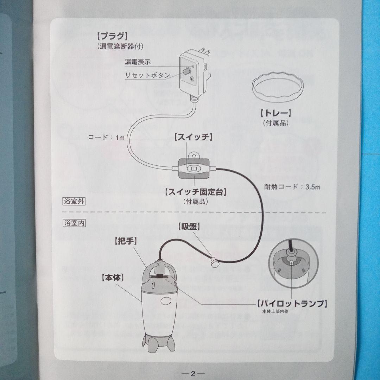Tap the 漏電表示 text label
point(138,62)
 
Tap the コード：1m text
point(106,138)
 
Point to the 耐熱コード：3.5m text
point(292,187)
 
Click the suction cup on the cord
point(214,262)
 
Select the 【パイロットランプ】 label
point(289,303)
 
